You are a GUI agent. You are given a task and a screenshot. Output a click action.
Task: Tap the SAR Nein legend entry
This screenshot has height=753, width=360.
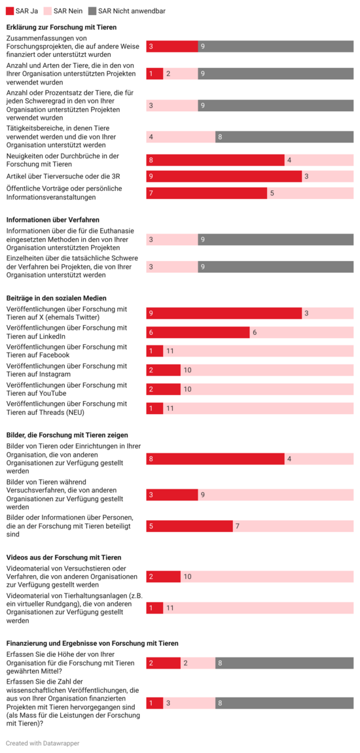[63, 11]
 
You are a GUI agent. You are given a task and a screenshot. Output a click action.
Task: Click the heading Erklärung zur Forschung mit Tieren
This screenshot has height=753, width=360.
[62, 27]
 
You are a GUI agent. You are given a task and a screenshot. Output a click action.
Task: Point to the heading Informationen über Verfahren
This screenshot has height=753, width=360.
[53, 220]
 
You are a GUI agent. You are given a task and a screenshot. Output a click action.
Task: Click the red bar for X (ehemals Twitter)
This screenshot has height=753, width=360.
[224, 313]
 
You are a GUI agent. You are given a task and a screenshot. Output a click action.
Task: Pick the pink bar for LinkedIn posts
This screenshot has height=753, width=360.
[301, 332]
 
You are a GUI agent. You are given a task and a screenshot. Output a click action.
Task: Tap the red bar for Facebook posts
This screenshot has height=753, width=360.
[154, 351]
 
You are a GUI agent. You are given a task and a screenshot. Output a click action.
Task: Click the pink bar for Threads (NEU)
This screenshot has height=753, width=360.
[258, 408]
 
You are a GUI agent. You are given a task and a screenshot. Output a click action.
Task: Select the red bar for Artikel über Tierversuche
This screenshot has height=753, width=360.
[224, 177]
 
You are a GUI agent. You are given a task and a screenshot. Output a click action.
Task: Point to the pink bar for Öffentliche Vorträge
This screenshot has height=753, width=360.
[310, 193]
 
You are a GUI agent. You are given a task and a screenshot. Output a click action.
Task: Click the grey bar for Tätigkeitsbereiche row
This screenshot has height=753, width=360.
[284, 137]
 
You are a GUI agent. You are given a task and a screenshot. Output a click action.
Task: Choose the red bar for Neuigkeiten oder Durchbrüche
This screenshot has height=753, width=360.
[215, 160]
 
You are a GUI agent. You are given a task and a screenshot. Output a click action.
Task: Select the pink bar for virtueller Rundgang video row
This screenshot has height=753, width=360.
[258, 608]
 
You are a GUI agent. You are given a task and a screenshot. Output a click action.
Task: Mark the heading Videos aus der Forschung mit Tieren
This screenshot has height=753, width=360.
[63, 557]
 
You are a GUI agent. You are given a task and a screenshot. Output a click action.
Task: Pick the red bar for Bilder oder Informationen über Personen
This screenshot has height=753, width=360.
[189, 526]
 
